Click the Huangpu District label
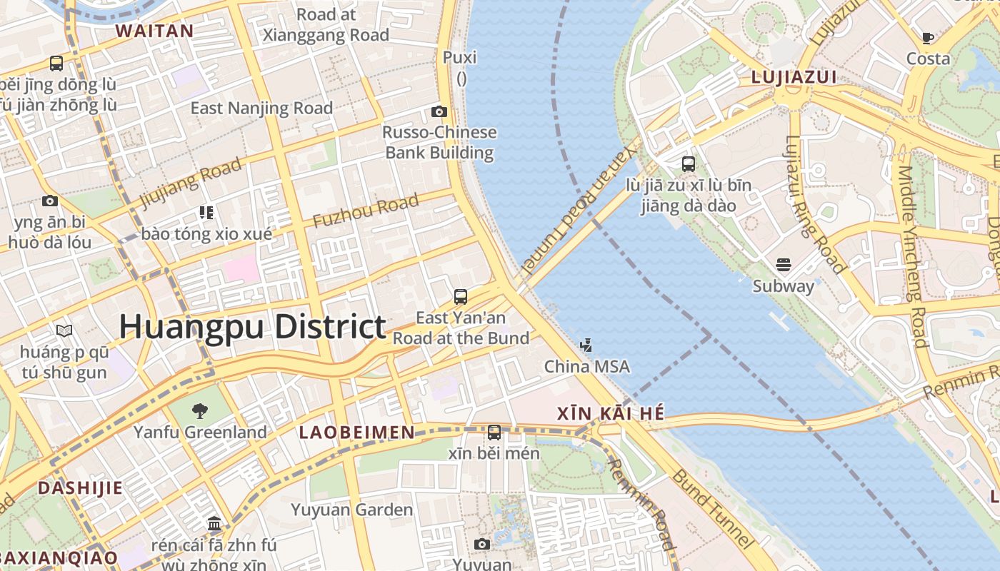pos(252,327)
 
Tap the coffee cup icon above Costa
pos(928,38)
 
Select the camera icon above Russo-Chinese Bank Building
pos(439,111)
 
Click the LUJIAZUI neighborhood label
pos(794,77)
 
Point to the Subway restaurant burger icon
pos(783,265)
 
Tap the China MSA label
pos(586,366)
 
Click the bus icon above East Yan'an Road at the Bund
pos(461,296)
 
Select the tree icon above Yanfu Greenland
pos(200,410)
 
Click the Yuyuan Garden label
pos(351,510)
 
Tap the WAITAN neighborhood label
pos(154,31)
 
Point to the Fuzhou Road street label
pos(365,211)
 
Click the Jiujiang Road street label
pos(191,183)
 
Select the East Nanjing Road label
pos(261,108)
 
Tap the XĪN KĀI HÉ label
pos(610,413)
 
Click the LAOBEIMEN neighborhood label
pos(356,432)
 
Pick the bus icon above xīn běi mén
pos(494,432)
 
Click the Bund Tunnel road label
pos(712,508)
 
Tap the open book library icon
pos(64,330)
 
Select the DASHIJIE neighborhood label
pos(80,488)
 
